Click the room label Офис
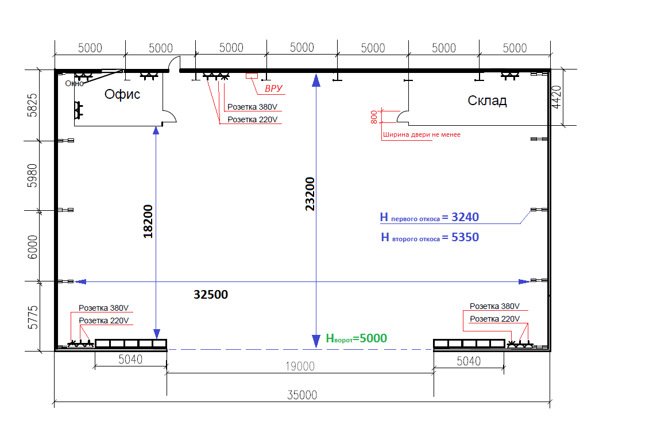tap(122, 94)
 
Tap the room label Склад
tap(487, 101)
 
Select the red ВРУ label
tap(273, 88)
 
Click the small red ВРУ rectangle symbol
tap(252, 76)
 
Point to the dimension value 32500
tap(211, 294)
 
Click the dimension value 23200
tap(310, 194)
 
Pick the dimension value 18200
tap(148, 221)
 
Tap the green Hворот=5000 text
tap(356, 338)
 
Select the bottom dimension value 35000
tap(302, 395)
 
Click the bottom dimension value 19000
tap(300, 366)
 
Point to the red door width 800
tap(374, 117)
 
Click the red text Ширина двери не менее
tap(422, 134)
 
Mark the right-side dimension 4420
tap(556, 97)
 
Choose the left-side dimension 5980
tap(32, 176)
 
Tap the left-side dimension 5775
tap(32, 317)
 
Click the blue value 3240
tap(465, 217)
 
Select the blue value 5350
tap(465, 237)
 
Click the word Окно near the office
tap(74, 83)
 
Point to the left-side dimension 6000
tap(32, 247)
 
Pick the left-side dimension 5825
tap(32, 105)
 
